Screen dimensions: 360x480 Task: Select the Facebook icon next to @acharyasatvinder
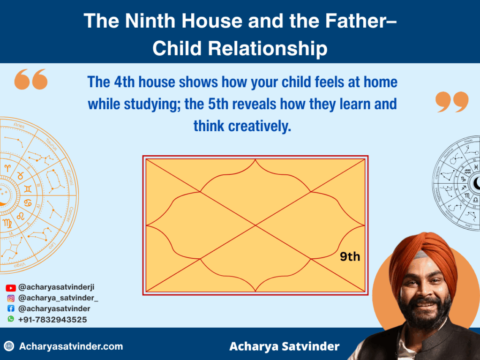coord(11,309)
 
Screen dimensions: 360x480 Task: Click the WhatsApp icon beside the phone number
coord(11,319)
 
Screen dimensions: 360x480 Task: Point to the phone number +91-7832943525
coord(52,319)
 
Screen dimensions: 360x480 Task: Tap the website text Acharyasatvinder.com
coord(71,346)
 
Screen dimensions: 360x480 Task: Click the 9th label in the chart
coord(350,256)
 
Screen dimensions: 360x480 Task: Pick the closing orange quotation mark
coord(452,102)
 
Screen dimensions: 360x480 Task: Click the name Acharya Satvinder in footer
coord(285,346)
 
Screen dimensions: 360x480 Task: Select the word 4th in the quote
coord(125,82)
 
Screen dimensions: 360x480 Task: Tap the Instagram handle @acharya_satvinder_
coord(59,298)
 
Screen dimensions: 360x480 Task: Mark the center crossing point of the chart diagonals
coord(255,225)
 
